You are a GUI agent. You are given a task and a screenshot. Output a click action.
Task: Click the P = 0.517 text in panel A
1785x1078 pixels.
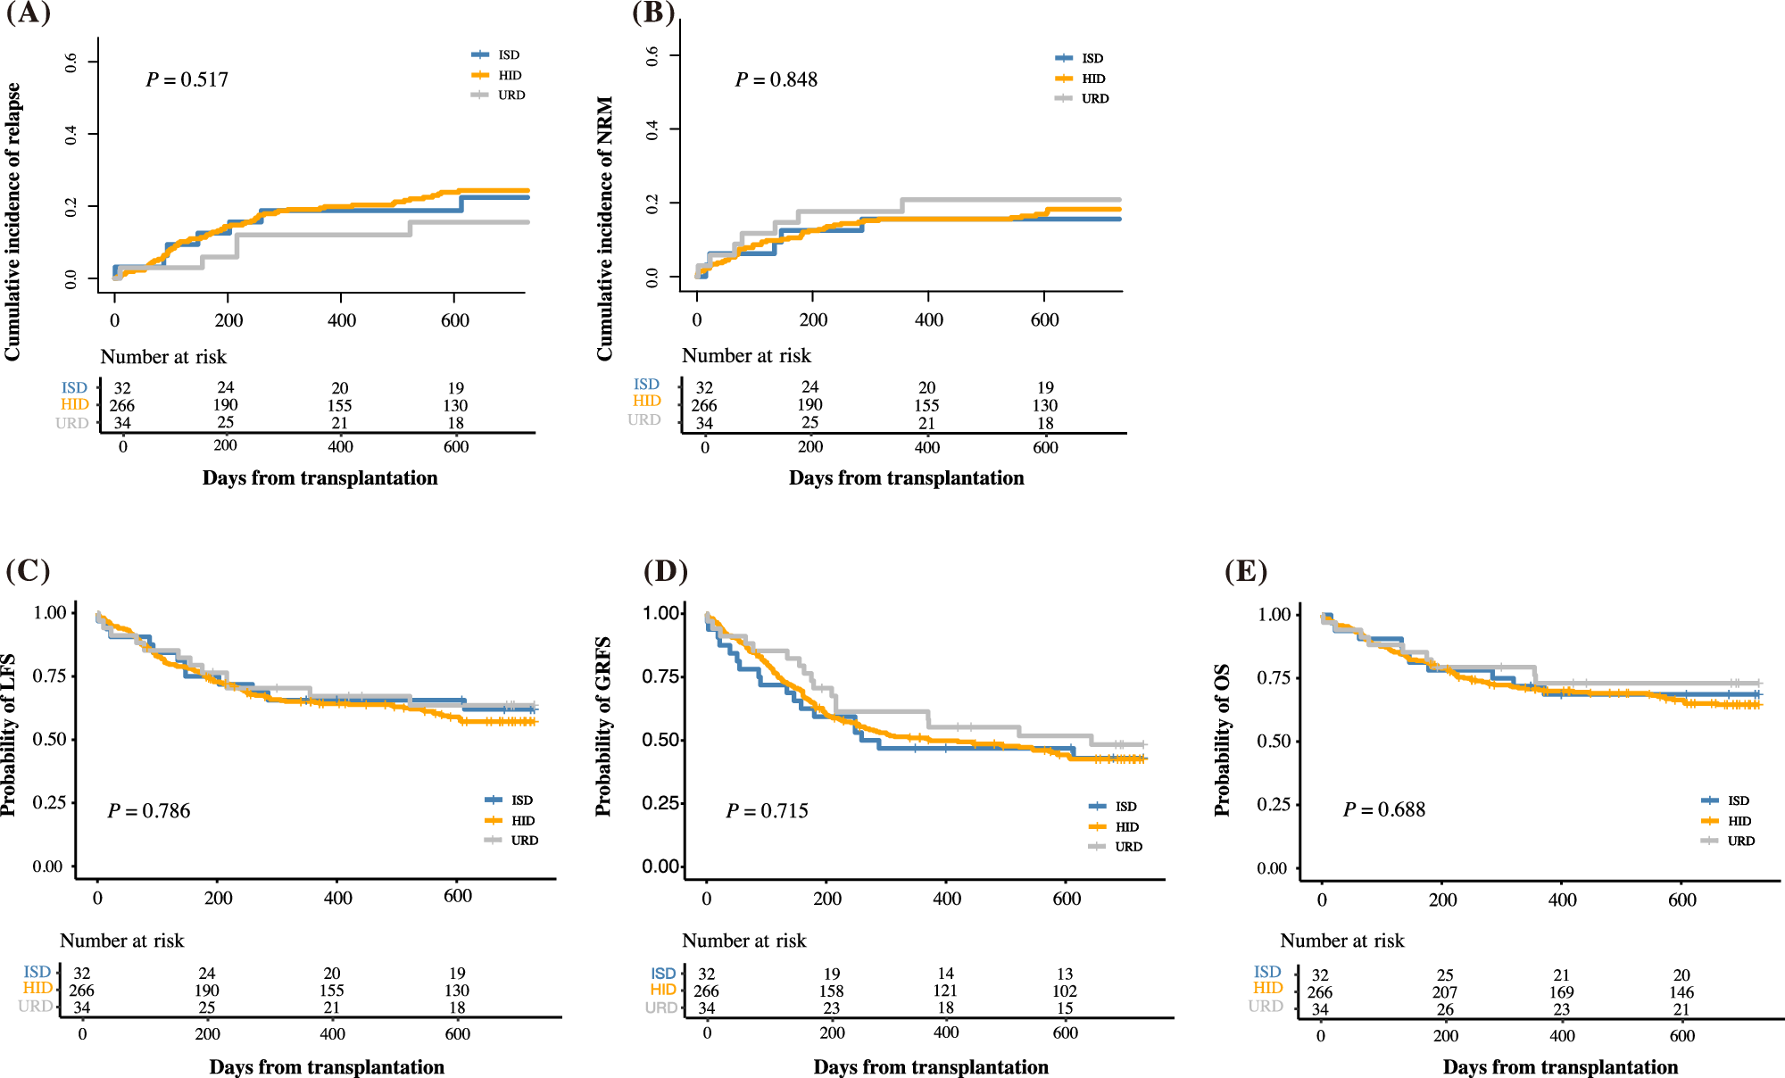tap(187, 80)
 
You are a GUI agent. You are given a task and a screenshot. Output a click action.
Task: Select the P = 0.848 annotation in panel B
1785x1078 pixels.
tap(776, 80)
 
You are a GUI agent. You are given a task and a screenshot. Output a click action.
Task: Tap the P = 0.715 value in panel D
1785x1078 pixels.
tap(767, 811)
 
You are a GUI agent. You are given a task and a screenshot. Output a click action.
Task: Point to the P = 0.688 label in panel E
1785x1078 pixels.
tap(1384, 810)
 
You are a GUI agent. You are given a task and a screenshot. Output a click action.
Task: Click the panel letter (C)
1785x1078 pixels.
tap(28, 571)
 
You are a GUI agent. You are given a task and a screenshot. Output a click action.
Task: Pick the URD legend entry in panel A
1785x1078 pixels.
tap(511, 95)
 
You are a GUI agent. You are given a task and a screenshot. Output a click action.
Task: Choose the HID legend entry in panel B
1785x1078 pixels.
tap(1093, 79)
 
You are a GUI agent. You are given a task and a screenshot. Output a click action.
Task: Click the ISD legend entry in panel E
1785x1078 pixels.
tap(1738, 801)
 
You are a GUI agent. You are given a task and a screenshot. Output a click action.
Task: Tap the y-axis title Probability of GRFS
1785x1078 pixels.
tap(603, 726)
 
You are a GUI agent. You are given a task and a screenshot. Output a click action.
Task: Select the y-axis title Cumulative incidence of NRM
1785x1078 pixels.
tap(605, 228)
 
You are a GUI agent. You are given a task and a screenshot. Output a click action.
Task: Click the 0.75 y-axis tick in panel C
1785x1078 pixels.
tap(49, 676)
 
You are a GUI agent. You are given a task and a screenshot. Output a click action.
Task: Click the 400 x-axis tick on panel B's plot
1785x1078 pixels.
tap(928, 320)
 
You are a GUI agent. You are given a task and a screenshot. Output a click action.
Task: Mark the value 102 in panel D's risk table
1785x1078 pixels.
tap(1064, 991)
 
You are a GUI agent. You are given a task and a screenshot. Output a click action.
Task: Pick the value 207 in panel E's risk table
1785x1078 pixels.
tap(1444, 992)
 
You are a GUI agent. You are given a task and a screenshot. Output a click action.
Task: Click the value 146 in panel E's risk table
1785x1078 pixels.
tap(1681, 992)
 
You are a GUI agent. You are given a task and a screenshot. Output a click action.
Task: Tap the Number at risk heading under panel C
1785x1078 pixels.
tap(121, 941)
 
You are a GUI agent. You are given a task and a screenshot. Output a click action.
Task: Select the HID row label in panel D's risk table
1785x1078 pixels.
tap(663, 990)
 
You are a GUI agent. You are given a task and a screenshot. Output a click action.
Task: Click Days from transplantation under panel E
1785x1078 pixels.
tap(1560, 1067)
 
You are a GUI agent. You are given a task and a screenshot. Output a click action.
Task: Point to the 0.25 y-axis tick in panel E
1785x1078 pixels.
tap(1272, 805)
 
